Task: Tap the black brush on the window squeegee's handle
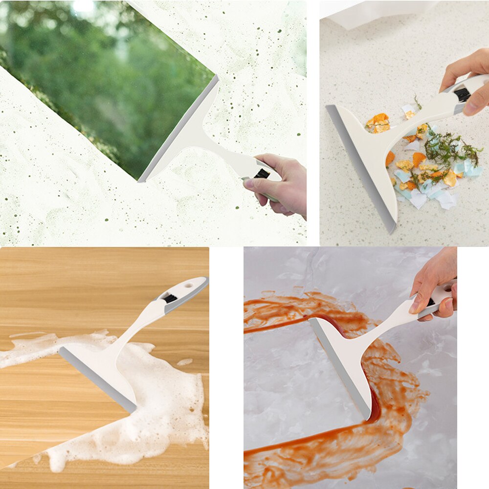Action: pos(262,173)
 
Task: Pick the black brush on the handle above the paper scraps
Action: pos(462,94)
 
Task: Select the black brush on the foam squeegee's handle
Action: pos(170,298)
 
